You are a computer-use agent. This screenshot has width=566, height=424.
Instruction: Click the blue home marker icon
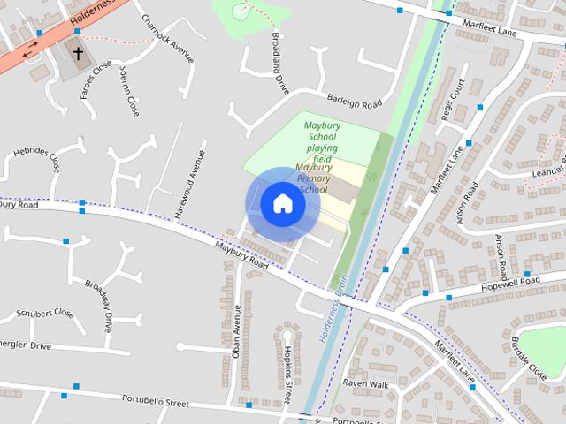point(282,204)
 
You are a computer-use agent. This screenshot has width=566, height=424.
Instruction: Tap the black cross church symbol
point(78,54)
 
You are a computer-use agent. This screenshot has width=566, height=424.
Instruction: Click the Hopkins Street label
point(288,367)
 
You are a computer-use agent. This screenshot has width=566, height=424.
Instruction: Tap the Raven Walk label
point(366,384)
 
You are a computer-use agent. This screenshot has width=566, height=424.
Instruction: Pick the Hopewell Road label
point(511,282)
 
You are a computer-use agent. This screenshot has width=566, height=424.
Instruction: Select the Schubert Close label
point(45,314)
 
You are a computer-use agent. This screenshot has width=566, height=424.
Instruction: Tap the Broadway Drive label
point(99,305)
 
